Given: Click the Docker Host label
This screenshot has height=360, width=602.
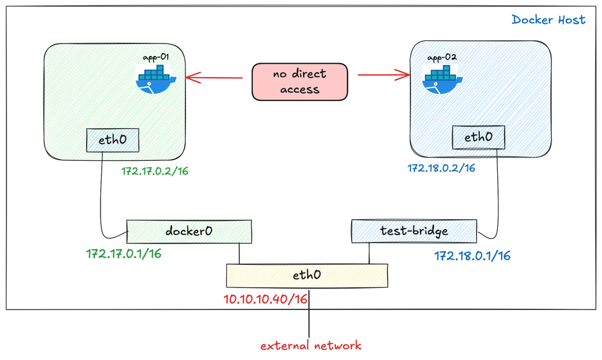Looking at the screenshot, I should [x=548, y=20].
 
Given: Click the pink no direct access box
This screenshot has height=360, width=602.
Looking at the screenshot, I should [x=300, y=81].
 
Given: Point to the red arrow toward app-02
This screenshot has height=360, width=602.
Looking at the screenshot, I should [x=384, y=75].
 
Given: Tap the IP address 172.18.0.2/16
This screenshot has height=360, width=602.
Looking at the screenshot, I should [x=442, y=168].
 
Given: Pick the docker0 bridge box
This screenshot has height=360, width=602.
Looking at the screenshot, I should [x=190, y=231].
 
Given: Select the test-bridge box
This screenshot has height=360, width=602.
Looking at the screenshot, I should [x=414, y=231].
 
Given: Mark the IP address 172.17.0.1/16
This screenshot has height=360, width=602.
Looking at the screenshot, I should [x=124, y=253].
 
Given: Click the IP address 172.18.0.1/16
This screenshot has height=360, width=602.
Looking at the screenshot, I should [x=473, y=256].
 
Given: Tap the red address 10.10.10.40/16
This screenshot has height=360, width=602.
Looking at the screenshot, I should [x=265, y=299].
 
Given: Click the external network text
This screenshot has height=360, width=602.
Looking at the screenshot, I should [x=311, y=345].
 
